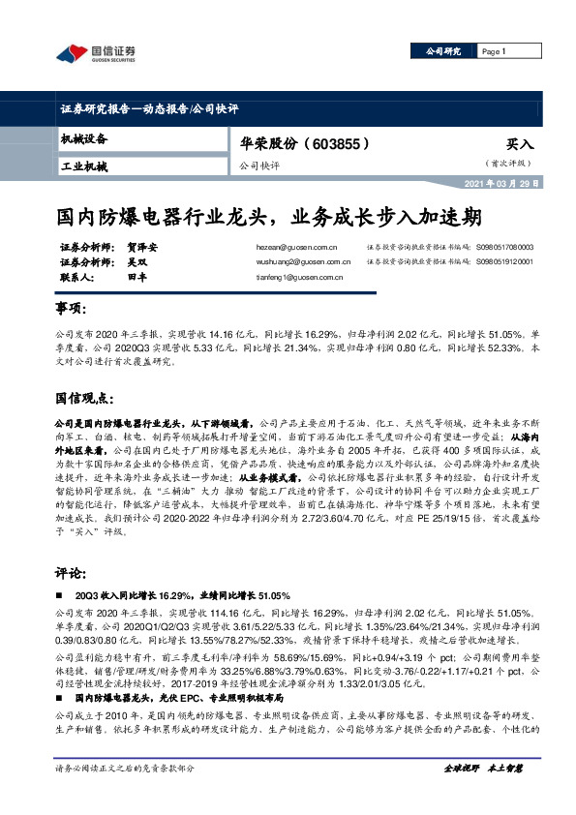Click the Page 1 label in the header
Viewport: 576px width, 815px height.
[x=493, y=51]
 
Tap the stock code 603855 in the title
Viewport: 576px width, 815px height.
[x=336, y=143]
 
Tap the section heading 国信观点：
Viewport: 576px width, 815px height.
[x=85, y=399]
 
